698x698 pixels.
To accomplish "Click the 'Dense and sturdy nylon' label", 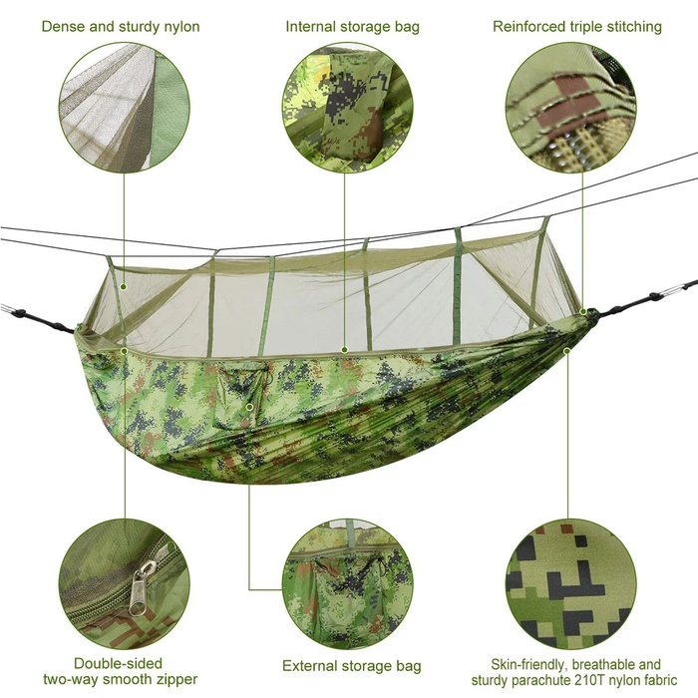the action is click(x=121, y=27).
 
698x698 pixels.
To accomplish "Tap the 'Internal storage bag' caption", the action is click(x=353, y=27).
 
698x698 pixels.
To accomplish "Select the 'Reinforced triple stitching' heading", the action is click(x=577, y=27).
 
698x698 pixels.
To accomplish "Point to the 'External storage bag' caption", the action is click(x=352, y=666).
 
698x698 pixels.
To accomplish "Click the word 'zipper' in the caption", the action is click(x=175, y=680).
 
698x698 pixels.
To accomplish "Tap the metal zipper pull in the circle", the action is click(x=141, y=586).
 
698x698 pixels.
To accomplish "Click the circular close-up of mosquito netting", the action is click(x=125, y=108).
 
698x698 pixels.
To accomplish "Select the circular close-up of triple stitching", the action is click(x=571, y=108).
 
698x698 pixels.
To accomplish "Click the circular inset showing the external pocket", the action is click(x=348, y=584).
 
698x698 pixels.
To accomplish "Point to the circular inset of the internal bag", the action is click(x=348, y=108).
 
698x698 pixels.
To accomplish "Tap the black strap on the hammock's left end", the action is click(x=38, y=320).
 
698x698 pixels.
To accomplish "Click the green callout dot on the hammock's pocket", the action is click(x=249, y=407).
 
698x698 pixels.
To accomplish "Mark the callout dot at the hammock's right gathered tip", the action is click(x=583, y=311).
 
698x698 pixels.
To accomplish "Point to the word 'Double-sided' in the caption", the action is click(x=118, y=664).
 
